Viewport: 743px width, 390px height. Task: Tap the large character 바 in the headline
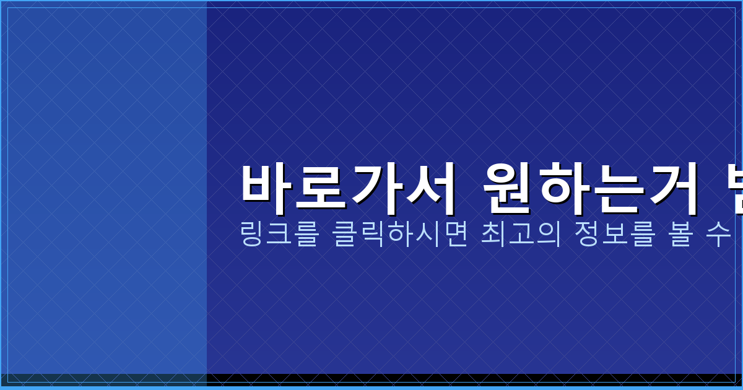pyautogui.click(x=266, y=183)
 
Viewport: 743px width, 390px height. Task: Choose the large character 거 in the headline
pyautogui.click(x=673, y=183)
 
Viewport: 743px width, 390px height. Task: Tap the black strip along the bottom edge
pyautogui.click(x=433, y=379)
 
